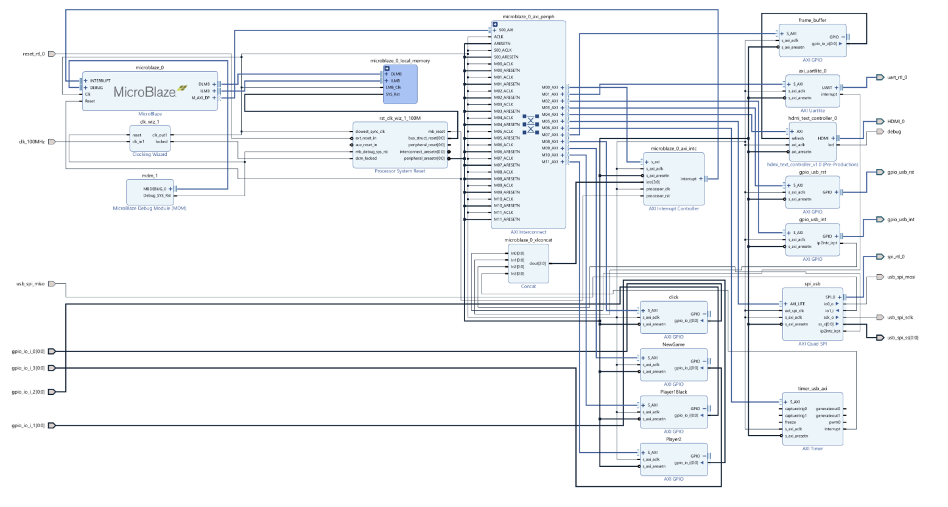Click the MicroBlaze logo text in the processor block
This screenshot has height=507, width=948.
[x=145, y=92]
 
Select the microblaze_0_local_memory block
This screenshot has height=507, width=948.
[x=400, y=85]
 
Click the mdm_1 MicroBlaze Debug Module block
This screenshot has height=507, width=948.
[x=150, y=192]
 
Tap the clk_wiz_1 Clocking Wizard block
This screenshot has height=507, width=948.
[x=150, y=138]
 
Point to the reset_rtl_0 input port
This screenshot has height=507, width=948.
[x=52, y=54]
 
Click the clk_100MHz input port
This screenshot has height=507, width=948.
[x=52, y=141]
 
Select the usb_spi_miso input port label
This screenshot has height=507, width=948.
[x=30, y=284]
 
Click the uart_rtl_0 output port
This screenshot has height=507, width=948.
[x=880, y=77]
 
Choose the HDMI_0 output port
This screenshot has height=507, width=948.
[x=880, y=121]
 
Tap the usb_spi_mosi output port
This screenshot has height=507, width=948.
[x=880, y=277]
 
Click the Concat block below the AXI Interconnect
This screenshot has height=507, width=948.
[x=528, y=263]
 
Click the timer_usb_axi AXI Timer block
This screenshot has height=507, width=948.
[x=812, y=419]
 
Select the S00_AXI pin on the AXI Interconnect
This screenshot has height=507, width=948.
[x=505, y=30]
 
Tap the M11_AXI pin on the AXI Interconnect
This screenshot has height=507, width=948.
[x=550, y=161]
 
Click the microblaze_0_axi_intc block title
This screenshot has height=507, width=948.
[x=673, y=149]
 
